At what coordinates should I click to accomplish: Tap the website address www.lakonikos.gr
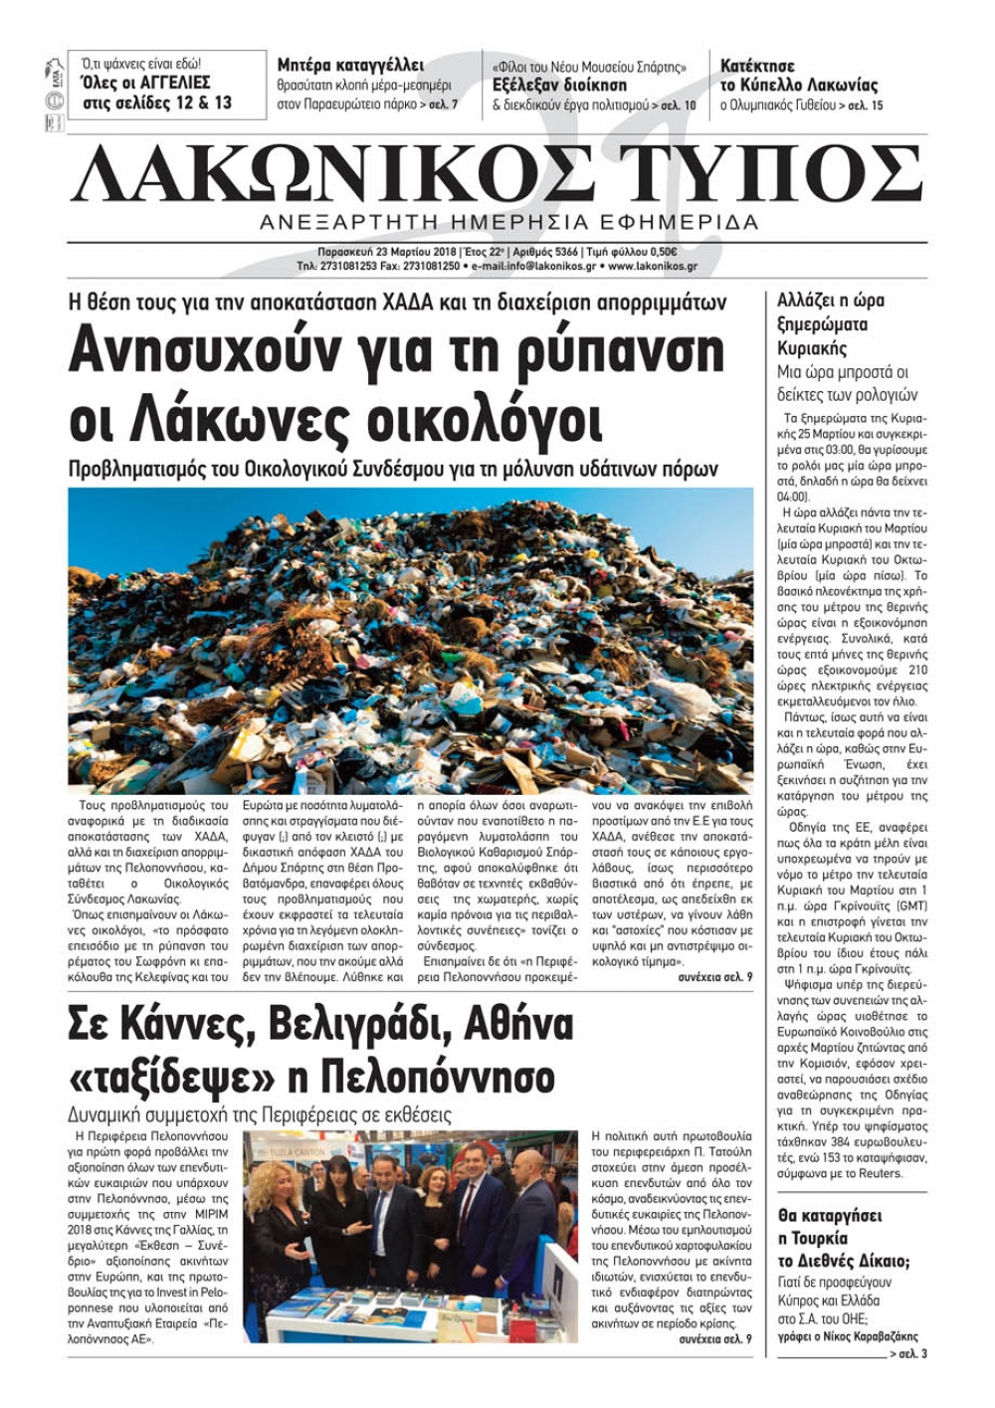coord(652,267)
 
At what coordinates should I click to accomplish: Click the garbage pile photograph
coord(410,639)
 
